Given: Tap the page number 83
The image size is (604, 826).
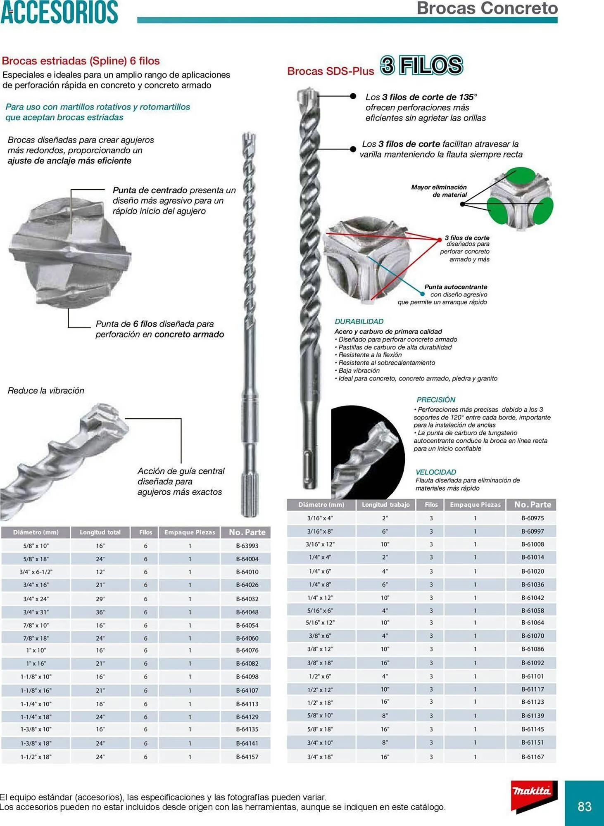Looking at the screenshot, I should pyautogui.click(x=584, y=806).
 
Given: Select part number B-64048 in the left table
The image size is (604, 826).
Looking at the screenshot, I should pyautogui.click(x=247, y=612).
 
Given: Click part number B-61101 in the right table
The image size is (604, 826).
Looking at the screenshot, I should pyautogui.click(x=532, y=676).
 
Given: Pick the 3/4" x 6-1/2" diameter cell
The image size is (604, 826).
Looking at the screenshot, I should pyautogui.click(x=36, y=572).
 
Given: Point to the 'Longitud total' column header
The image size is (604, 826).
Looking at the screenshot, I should pyautogui.click(x=100, y=532).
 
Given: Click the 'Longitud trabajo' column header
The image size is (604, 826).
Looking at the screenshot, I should pyautogui.click(x=385, y=505).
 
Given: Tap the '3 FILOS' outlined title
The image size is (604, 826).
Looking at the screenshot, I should pyautogui.click(x=421, y=66).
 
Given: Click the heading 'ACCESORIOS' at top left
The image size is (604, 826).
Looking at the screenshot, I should pyautogui.click(x=59, y=12).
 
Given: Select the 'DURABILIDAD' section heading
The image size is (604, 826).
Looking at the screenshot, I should pyautogui.click(x=359, y=321).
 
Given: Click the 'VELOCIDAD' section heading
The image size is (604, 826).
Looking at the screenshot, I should pyautogui.click(x=435, y=472).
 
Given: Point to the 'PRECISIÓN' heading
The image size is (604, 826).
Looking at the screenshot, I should pyautogui.click(x=435, y=400).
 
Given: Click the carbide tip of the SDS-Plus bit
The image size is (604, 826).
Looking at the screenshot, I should pyautogui.click(x=307, y=96).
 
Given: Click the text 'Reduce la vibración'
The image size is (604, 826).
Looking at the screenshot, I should pyautogui.click(x=46, y=391).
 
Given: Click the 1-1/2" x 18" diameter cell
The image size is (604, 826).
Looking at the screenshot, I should pyautogui.click(x=36, y=757).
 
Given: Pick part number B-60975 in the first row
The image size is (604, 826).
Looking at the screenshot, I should pyautogui.click(x=532, y=518).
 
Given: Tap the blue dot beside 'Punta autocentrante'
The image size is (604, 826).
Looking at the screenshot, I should pyautogui.click(x=422, y=294).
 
